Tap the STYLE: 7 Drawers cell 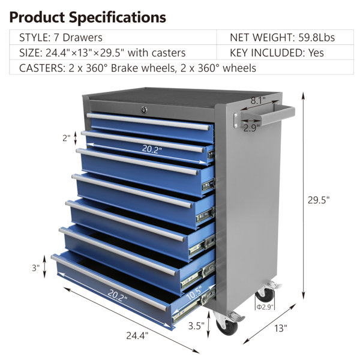[60, 37]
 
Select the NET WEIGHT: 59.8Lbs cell [282, 37]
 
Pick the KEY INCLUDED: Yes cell [277, 53]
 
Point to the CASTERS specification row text [137, 68]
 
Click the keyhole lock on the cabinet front [143, 109]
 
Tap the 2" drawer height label [66, 138]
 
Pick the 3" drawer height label [36, 268]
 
